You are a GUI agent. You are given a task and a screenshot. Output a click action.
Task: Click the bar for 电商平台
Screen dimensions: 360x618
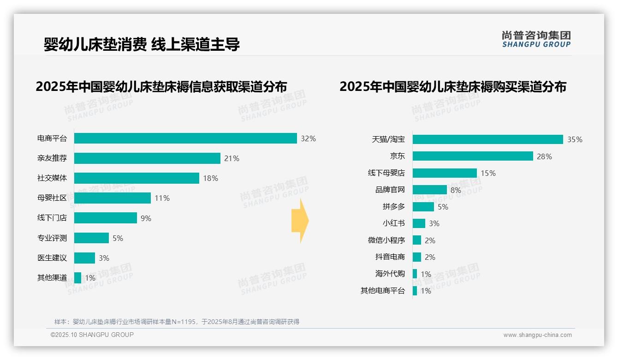pos(185,138)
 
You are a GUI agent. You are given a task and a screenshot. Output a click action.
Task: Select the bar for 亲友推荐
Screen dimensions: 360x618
pos(147,158)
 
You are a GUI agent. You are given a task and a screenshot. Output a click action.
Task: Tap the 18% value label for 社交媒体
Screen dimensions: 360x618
pos(210,178)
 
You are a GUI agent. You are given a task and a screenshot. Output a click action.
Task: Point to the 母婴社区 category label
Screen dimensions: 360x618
pos(52,198)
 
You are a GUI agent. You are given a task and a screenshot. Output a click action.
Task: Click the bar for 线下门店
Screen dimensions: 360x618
pos(106,218)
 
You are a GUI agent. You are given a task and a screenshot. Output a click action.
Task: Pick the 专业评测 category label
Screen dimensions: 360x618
pos(52,238)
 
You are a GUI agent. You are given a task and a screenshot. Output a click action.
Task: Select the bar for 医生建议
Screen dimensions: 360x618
pos(84,258)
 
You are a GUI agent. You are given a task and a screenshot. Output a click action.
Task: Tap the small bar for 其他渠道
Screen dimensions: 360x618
pos(77,278)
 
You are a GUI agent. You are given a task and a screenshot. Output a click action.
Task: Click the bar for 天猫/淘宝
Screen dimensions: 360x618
pos(487,139)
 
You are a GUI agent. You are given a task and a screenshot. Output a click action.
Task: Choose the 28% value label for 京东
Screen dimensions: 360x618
pos(544,156)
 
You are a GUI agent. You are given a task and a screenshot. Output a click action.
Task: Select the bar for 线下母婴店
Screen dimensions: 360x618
pos(445,173)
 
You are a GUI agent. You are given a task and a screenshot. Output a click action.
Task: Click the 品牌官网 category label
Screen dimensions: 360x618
pos(390,190)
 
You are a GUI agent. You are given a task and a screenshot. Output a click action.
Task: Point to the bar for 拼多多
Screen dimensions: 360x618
pos(423,207)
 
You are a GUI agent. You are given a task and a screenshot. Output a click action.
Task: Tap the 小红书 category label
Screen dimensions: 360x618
pos(393,223)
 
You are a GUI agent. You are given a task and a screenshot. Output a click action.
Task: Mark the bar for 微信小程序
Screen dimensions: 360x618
pos(416,240)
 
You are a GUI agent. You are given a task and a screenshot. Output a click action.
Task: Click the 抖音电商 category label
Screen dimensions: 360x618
pos(390,257)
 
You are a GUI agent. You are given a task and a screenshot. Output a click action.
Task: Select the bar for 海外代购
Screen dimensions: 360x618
pos(415,274)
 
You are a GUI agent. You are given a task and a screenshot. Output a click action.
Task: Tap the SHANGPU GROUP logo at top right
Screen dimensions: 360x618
pos(536,39)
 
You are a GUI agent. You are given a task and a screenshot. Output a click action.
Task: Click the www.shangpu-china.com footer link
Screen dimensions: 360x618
pos(537,335)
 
